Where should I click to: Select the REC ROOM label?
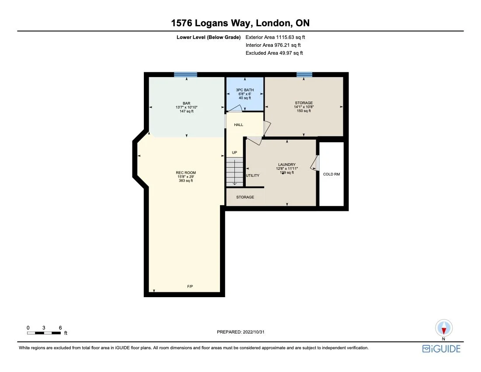[186, 172]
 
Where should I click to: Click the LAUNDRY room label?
[286, 165]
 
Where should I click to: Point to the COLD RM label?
[331, 174]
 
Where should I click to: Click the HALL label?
[238, 125]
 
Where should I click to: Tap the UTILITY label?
[253, 175]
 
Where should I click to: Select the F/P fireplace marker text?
[190, 286]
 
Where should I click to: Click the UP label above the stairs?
[234, 153]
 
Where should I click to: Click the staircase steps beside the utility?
[234, 172]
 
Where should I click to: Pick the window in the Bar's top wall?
[185, 74]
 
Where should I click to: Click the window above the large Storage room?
[304, 74]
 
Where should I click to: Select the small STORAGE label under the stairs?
[245, 197]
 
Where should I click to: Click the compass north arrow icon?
[444, 329]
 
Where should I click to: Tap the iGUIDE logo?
[441, 348]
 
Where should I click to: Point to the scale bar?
[44, 333]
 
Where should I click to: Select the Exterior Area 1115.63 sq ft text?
[272, 38]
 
